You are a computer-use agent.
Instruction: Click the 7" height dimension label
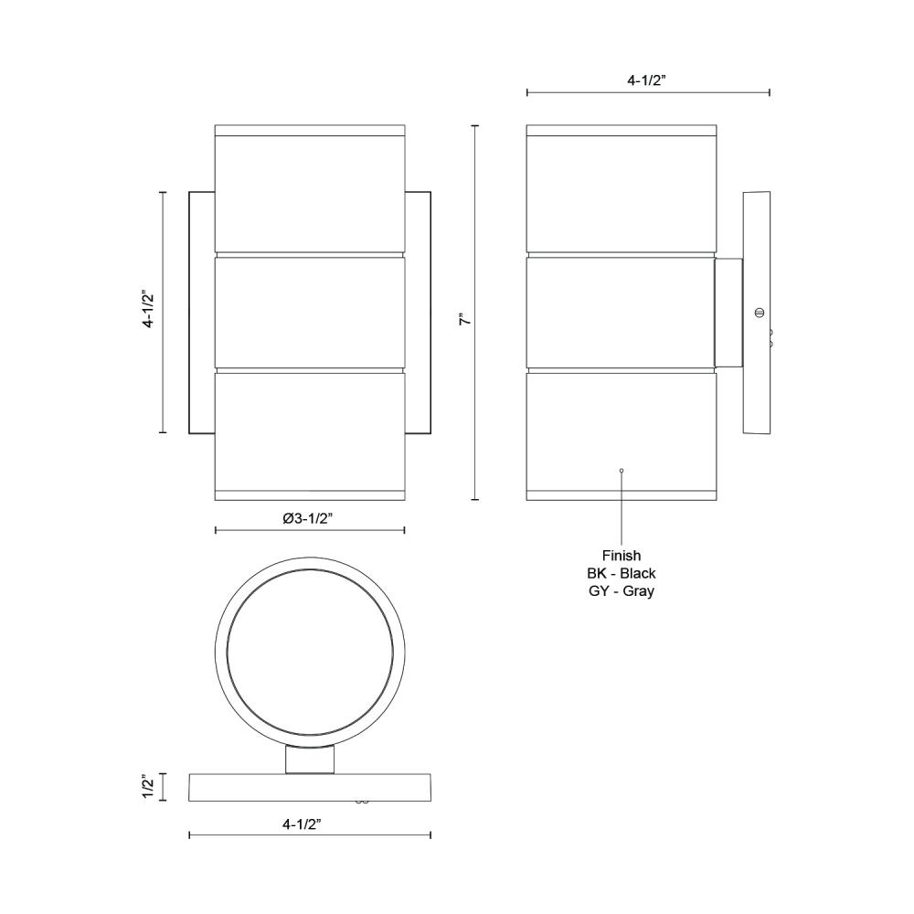(x=464, y=319)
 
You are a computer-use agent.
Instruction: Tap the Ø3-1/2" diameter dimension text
(x=308, y=518)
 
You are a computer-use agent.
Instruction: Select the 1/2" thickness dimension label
(x=149, y=787)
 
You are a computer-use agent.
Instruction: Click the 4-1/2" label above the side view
(x=646, y=80)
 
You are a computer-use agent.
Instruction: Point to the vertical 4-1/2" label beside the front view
(x=149, y=308)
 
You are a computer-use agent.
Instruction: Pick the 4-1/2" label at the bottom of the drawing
(x=302, y=824)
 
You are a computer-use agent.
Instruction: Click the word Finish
(x=622, y=556)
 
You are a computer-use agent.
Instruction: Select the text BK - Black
(x=622, y=573)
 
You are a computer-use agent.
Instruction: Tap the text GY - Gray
(x=622, y=590)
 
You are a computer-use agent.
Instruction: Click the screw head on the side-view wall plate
(x=759, y=313)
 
